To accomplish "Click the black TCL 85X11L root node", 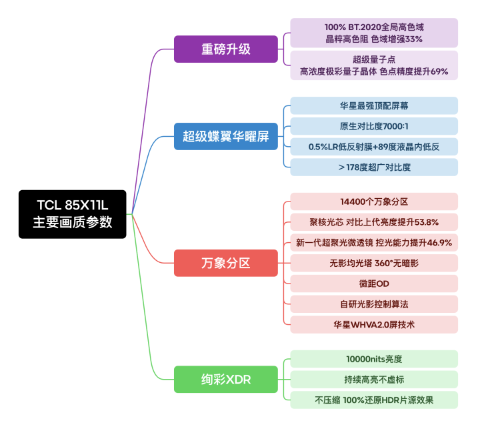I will [72, 214].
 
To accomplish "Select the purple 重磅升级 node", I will [226, 49].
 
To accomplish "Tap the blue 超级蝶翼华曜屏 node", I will [226, 137].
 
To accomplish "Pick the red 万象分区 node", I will [226, 263].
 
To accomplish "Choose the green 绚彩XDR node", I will [226, 379].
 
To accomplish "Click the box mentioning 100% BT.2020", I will [374, 33].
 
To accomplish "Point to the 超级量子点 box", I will [374, 65].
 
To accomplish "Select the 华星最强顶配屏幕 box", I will [374, 105].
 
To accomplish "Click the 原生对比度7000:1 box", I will [374, 126].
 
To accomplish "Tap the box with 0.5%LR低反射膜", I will [374, 147].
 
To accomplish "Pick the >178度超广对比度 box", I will [374, 167].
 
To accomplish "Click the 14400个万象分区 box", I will [374, 201].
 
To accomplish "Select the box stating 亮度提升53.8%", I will [374, 222].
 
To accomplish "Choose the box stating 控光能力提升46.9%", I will [374, 243].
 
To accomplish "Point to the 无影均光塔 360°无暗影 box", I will [374, 263].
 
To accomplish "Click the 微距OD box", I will [374, 284].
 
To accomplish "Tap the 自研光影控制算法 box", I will [374, 304].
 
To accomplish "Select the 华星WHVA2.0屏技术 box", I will [374, 325].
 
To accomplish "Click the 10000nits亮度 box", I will [374, 359].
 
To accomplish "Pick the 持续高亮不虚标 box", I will [374, 380].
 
